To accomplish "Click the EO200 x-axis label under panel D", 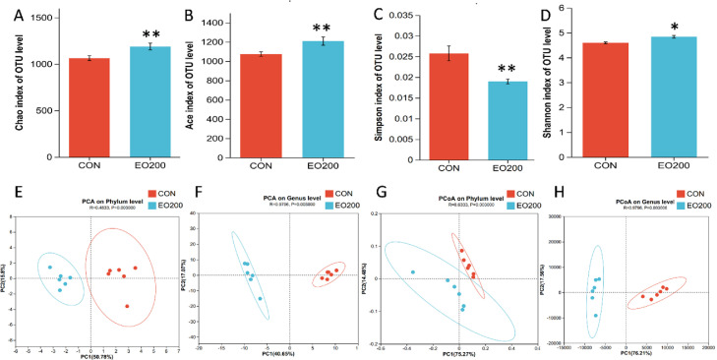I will click(673, 168).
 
